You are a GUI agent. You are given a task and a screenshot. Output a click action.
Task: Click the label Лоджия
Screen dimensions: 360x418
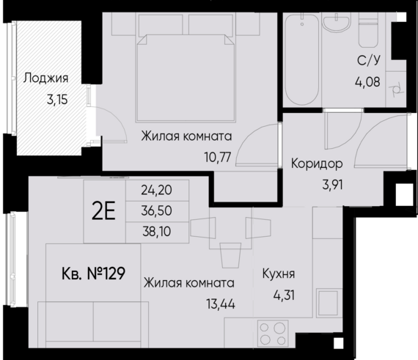click(x=45, y=78)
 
